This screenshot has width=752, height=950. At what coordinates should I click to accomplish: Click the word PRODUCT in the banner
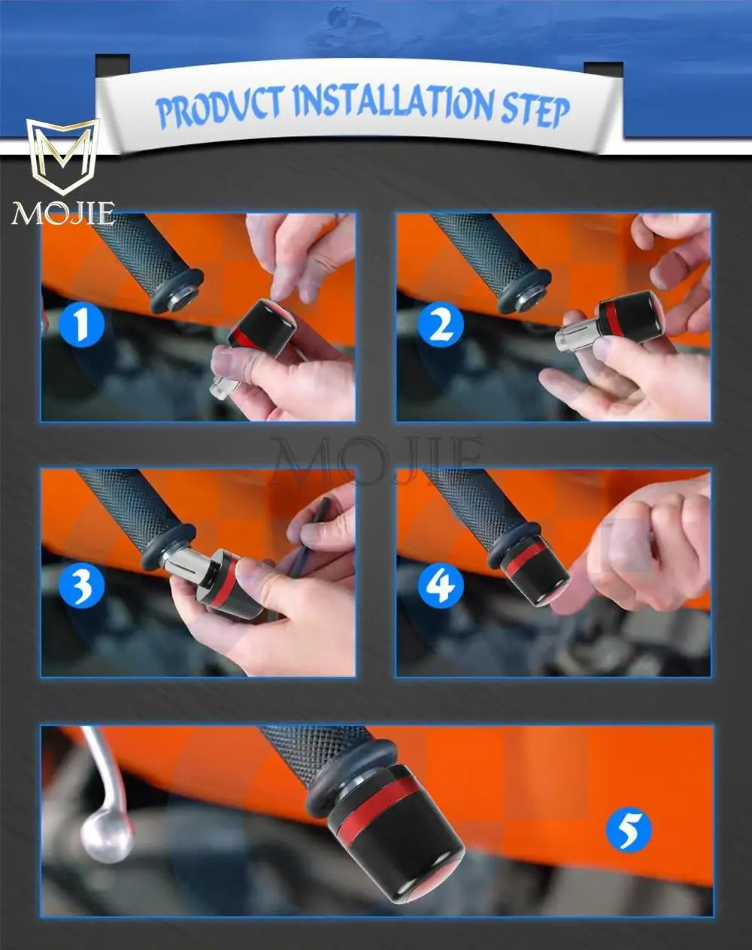pyautogui.click(x=220, y=107)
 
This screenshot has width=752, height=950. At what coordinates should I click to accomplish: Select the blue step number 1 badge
pyautogui.click(x=81, y=325)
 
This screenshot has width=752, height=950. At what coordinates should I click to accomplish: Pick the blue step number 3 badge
pyautogui.click(x=81, y=585)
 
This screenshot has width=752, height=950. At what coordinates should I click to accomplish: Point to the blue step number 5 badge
pyautogui.click(x=629, y=829)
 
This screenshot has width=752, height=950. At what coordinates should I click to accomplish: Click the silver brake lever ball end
pyautogui.click(x=104, y=837)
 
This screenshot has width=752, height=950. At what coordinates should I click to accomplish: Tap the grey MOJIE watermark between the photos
pyautogui.click(x=376, y=460)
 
